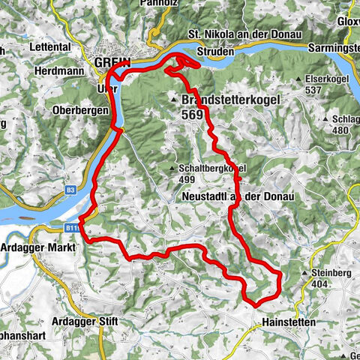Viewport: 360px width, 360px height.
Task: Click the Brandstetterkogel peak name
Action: coord(229,99)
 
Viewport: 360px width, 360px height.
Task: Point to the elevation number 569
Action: coord(192,115)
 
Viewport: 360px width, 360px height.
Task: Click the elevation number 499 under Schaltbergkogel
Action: coord(188,181)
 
